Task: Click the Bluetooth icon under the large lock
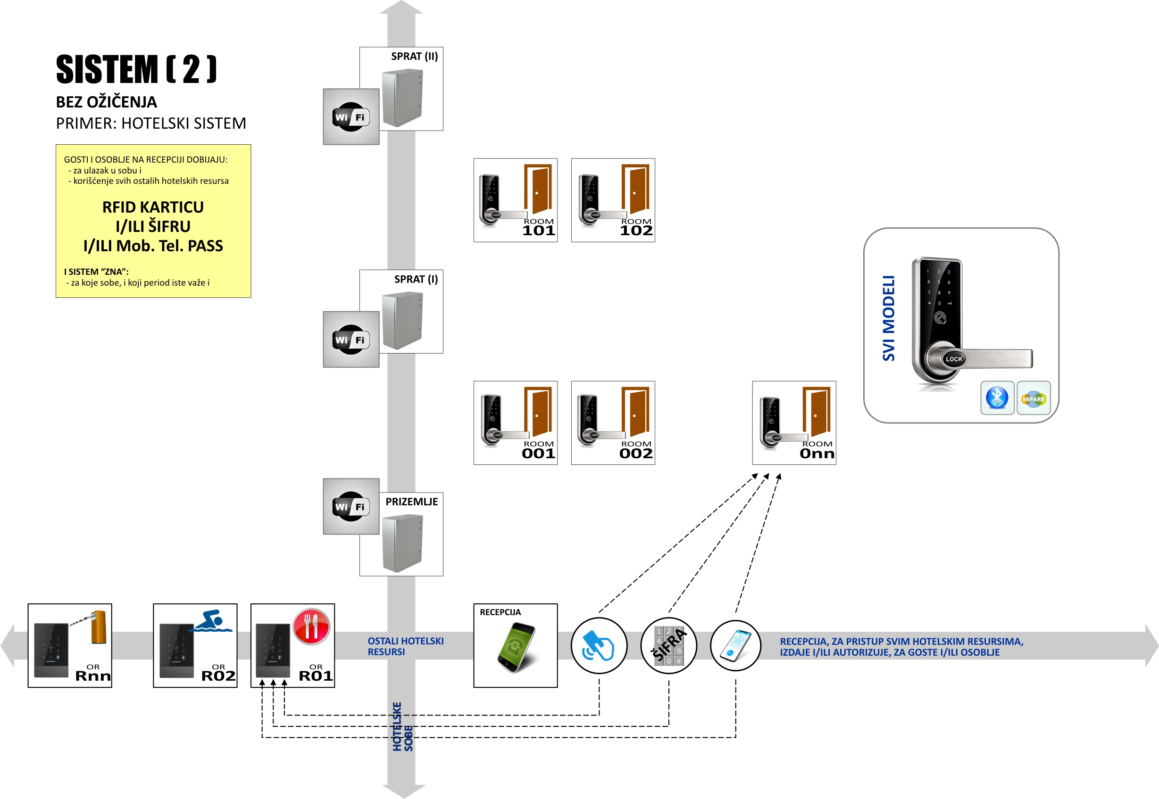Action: (997, 398)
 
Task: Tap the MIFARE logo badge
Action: (1033, 398)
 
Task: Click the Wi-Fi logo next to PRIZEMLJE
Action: (350, 507)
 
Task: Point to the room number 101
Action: (538, 231)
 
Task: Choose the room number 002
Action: (635, 453)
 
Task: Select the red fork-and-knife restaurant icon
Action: (311, 626)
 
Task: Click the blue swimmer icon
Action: (214, 621)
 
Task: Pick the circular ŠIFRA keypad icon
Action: (669, 646)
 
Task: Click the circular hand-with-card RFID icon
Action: (599, 646)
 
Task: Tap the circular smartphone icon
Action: (735, 646)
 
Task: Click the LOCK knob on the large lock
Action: (953, 359)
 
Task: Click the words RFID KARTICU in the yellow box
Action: (153, 207)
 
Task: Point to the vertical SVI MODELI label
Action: (889, 318)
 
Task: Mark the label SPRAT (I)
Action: (415, 280)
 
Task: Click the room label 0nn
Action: (817, 453)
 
